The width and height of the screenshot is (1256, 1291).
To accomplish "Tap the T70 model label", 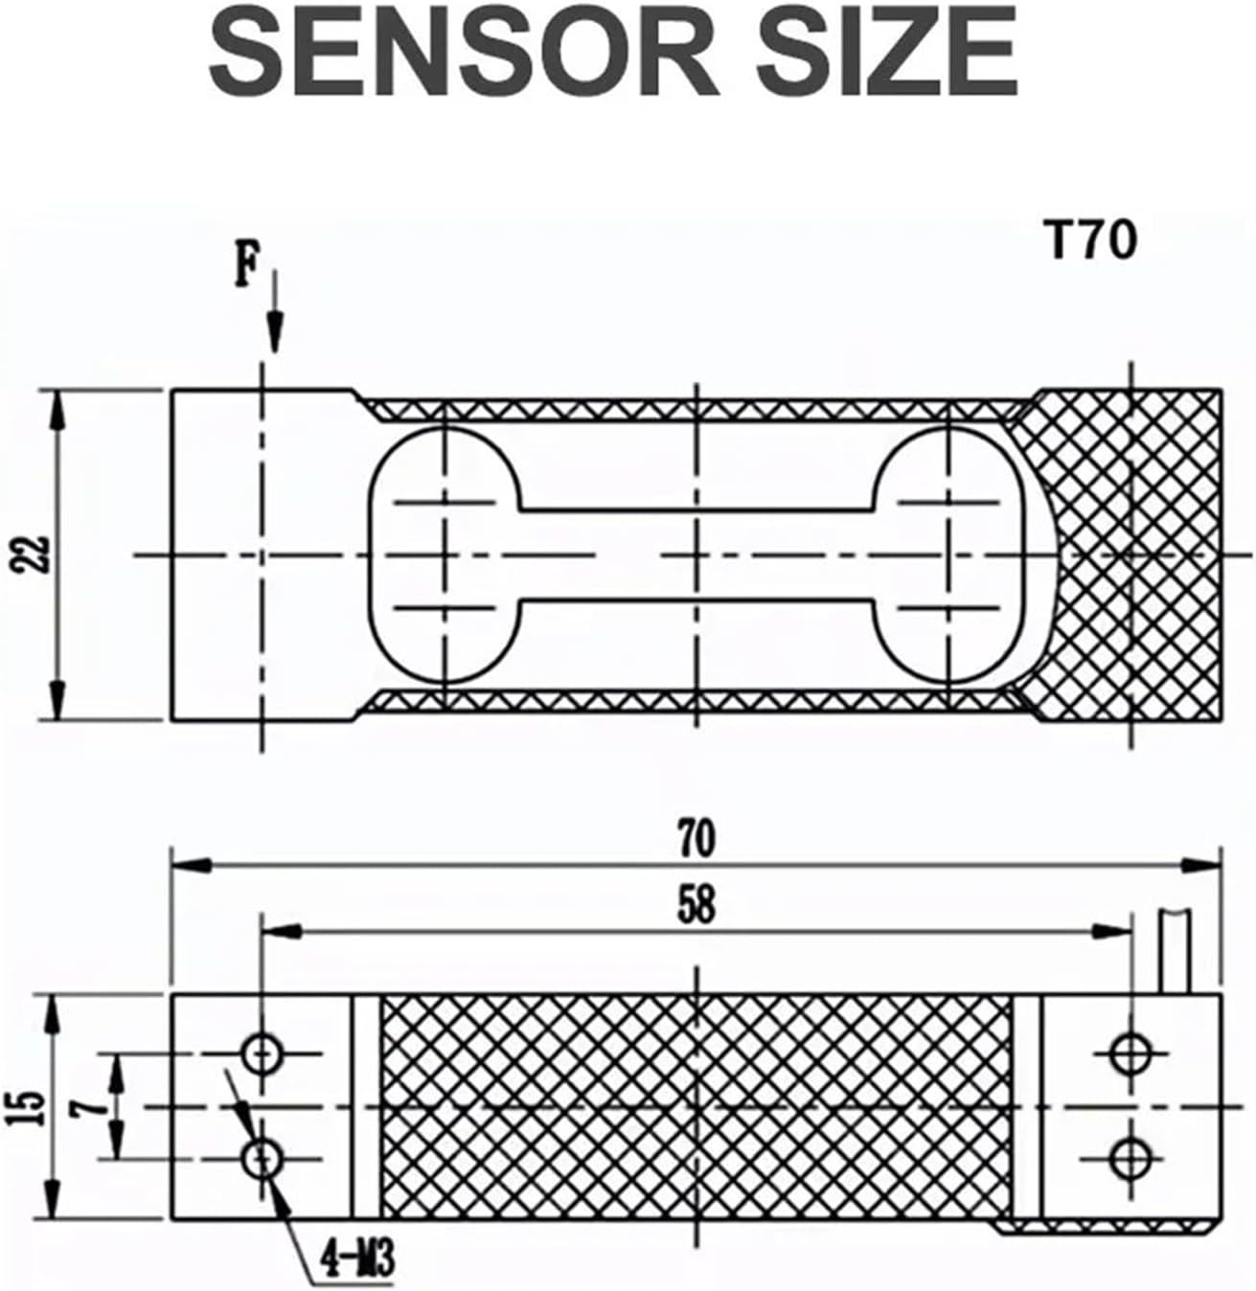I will click(1090, 240).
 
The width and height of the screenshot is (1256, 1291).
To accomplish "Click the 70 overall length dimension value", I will click(697, 839).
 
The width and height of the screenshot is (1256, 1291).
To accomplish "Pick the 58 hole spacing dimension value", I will click(697, 905).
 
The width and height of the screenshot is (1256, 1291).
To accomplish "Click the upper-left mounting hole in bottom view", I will click(261, 1054).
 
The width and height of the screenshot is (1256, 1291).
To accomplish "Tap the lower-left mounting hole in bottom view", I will click(261, 1161).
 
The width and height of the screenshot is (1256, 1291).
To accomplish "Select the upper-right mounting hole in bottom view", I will click(1130, 1054).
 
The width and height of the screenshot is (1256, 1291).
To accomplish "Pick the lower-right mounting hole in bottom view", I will click(1130, 1161).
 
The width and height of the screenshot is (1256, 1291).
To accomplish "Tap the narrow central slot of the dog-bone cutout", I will click(697, 555).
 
